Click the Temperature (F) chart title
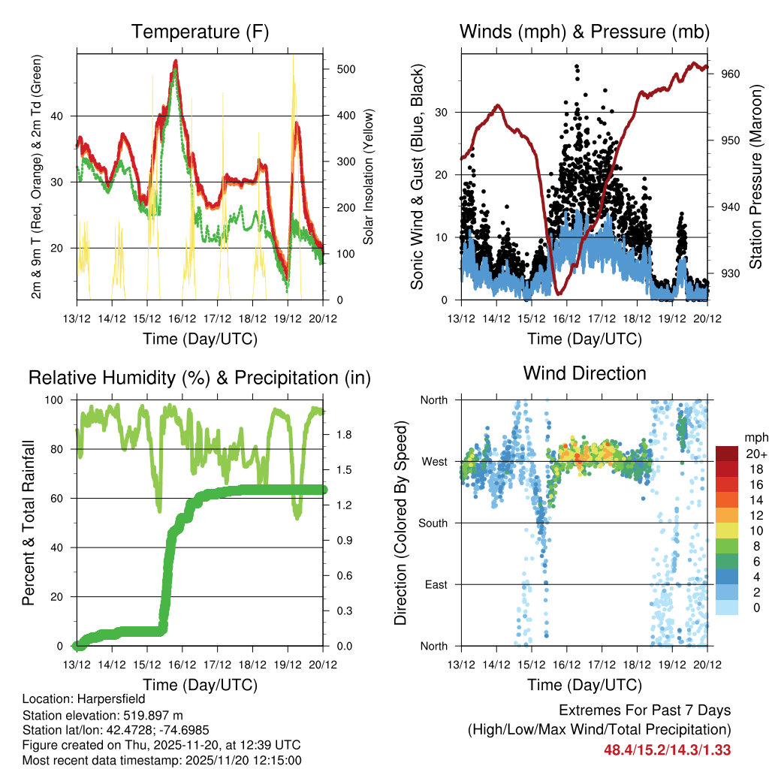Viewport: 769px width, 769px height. pyautogui.click(x=200, y=32)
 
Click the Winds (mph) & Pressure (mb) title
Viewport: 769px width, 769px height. pyautogui.click(x=584, y=32)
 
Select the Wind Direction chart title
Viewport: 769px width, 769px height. pyautogui.click(x=584, y=373)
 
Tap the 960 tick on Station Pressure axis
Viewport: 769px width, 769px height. pyautogui.click(x=731, y=74)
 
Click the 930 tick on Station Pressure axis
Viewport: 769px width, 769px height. pyautogui.click(x=731, y=273)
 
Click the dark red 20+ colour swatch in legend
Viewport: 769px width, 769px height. pyautogui.click(x=727, y=454)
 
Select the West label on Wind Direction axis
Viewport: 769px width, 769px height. pyautogui.click(x=434, y=461)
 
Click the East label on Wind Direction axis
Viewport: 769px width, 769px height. pyautogui.click(x=435, y=584)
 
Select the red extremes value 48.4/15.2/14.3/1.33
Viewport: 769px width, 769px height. pyautogui.click(x=667, y=749)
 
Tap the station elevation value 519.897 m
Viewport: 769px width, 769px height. pyautogui.click(x=149, y=715)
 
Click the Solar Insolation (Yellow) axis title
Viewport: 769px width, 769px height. pyautogui.click(x=368, y=176)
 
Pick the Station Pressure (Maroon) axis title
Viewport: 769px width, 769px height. pyautogui.click(x=755, y=176)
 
